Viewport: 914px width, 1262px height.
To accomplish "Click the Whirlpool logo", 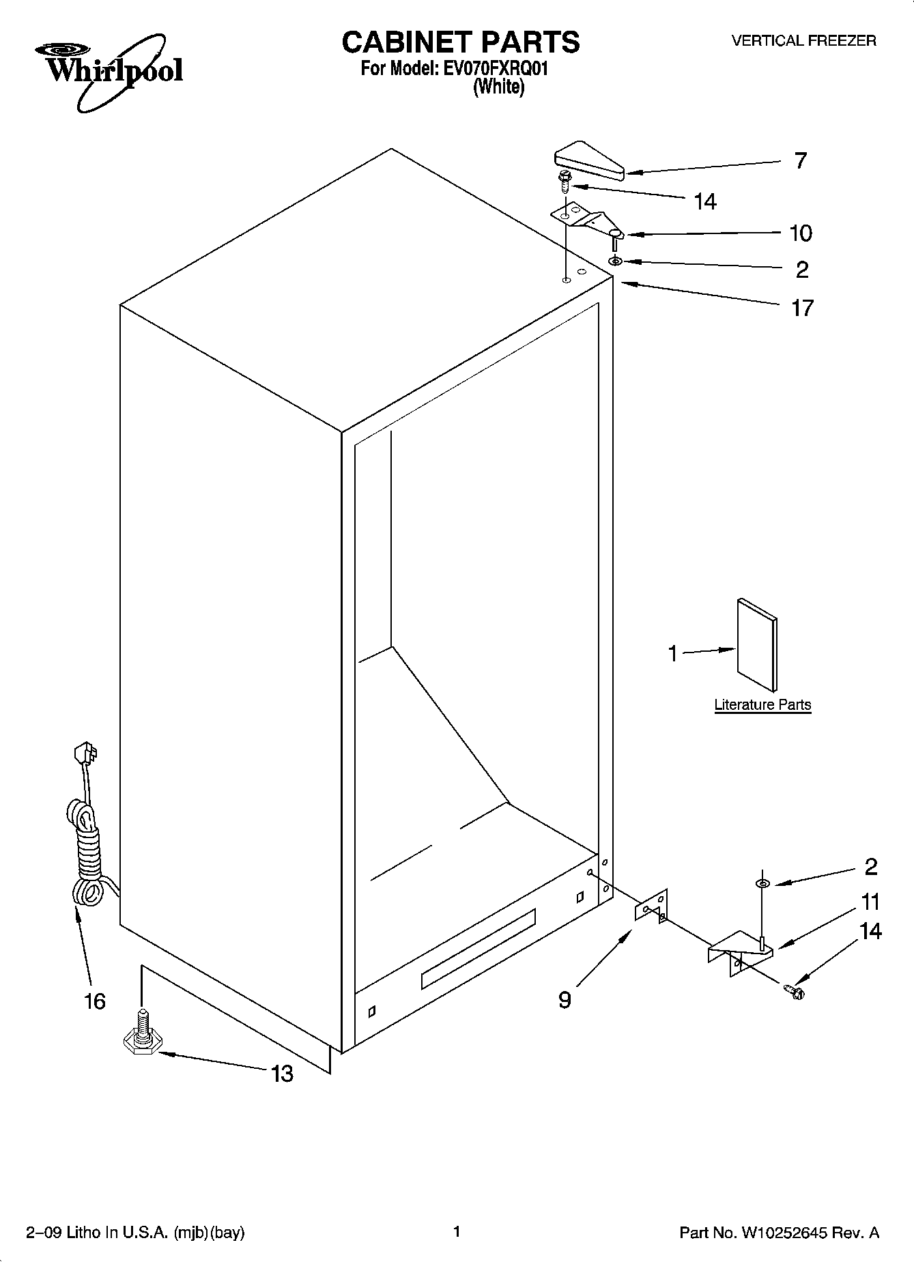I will (x=108, y=71).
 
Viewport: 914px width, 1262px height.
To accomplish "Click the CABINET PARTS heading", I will (x=460, y=42).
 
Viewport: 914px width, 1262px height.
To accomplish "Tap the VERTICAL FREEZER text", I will (x=803, y=41).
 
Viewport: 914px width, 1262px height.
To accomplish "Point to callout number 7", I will (x=801, y=161).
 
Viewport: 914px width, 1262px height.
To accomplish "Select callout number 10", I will (x=801, y=233).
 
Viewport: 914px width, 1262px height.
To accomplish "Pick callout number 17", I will (x=802, y=309).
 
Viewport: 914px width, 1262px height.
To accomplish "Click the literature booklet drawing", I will (x=756, y=644).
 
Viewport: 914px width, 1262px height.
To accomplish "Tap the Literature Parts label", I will (x=762, y=705).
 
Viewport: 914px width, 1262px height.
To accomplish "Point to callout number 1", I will (x=673, y=654).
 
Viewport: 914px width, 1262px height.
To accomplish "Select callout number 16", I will (x=95, y=1001).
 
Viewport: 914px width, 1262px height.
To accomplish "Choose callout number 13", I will (x=282, y=1074).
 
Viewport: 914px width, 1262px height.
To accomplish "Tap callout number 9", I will (x=565, y=1000).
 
